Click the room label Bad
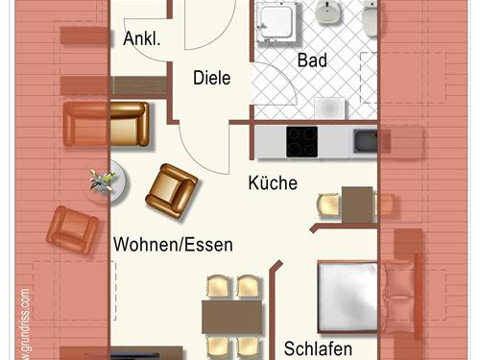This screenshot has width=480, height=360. tap(312, 60)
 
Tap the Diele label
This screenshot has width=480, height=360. tap(211, 79)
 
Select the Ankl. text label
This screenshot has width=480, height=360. tap(141, 39)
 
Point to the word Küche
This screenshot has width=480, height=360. tap(273, 183)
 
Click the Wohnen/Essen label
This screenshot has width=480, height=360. tap(173, 244)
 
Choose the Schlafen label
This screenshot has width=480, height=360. tap(318, 348)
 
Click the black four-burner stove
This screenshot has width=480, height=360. tap(302, 142)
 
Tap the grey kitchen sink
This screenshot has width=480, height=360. tap(366, 142)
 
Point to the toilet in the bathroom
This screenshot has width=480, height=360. tap(371, 16)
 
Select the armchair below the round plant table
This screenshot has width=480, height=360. tap(73, 230)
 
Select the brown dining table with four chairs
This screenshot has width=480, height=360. tap(233, 316)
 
